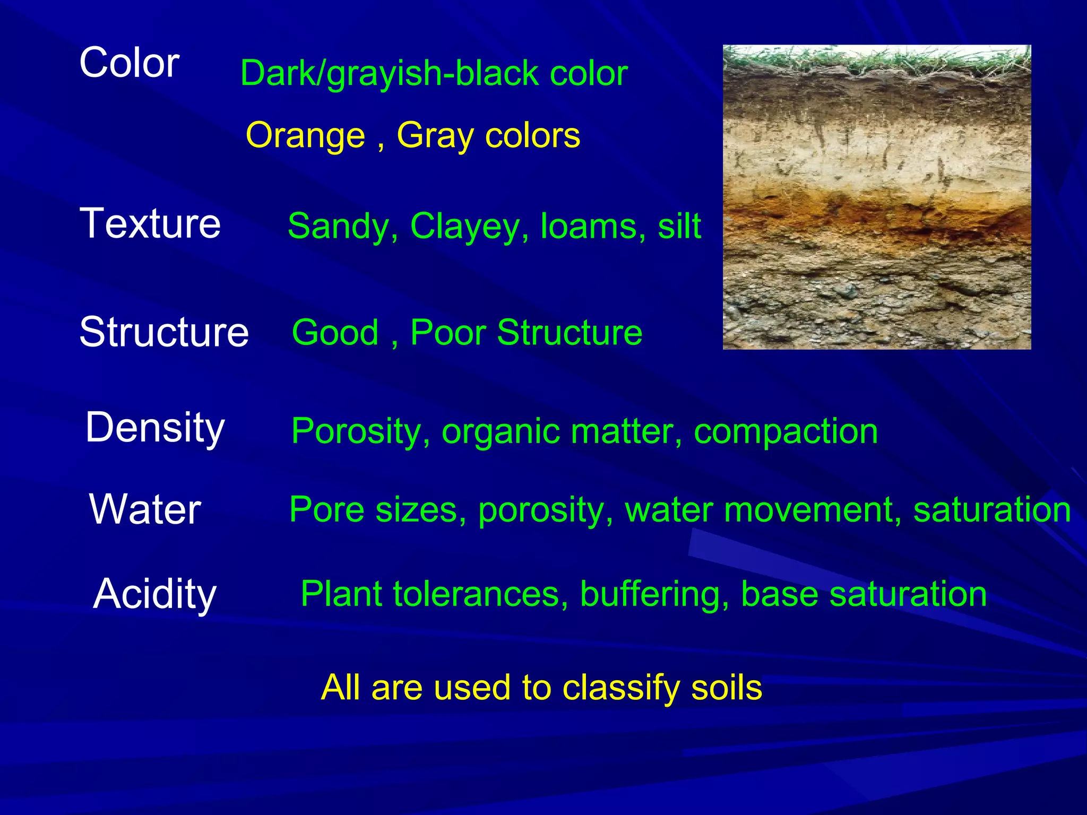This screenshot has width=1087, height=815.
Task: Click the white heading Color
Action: (129, 63)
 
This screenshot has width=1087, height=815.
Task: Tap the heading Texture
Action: (150, 224)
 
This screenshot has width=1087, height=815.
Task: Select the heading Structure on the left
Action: (163, 332)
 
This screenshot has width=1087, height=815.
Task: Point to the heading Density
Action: (155, 428)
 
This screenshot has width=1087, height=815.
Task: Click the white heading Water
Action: (145, 509)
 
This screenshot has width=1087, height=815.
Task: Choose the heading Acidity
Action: (154, 594)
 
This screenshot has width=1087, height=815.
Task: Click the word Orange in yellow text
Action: (305, 136)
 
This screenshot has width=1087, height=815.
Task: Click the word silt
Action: (679, 227)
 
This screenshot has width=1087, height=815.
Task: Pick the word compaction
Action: (786, 431)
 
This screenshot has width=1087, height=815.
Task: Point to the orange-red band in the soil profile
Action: (876, 212)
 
